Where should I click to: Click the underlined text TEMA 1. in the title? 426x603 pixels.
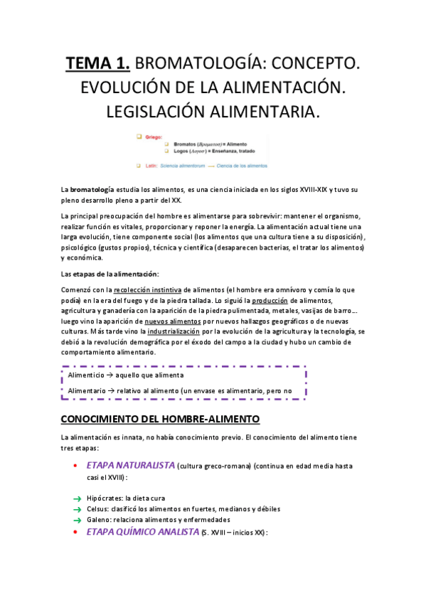[98, 65]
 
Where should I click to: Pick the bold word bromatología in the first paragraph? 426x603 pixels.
[92, 191]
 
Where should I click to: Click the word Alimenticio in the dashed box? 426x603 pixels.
[90, 375]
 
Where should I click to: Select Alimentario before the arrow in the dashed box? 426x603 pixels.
[92, 391]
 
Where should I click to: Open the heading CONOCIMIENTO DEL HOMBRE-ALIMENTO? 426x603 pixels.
[161, 419]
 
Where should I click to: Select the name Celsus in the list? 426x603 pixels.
[97, 509]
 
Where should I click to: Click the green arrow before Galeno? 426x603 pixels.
[77, 521]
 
